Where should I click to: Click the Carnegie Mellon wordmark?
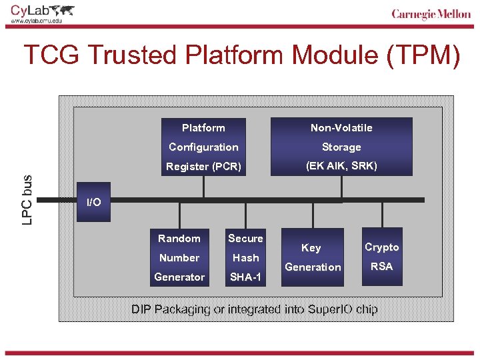(x=431, y=15)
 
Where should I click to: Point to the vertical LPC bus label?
(x=27, y=199)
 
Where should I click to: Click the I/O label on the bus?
(x=94, y=202)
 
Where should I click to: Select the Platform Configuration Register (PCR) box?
(x=203, y=147)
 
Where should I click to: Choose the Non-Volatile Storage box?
(x=341, y=147)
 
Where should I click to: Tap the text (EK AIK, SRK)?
(x=341, y=166)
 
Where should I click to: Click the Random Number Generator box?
(x=179, y=257)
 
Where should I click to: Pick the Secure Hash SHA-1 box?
(x=245, y=257)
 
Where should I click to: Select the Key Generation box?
(x=312, y=257)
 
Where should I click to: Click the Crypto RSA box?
(x=382, y=257)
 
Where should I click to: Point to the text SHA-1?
(x=245, y=277)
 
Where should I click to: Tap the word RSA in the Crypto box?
(x=382, y=267)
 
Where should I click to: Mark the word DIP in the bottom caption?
(x=141, y=309)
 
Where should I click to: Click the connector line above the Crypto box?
(x=382, y=214)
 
